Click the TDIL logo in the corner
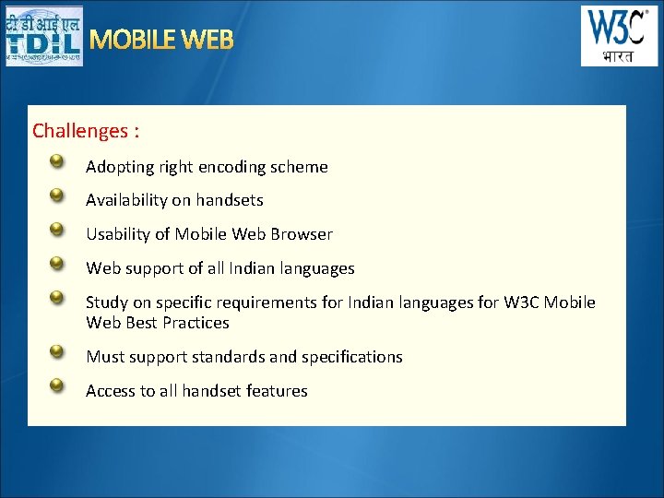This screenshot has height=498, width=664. (x=43, y=36)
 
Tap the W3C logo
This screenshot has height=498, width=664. (x=619, y=36)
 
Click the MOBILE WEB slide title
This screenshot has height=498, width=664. (x=161, y=40)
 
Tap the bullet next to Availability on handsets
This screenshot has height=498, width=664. (x=57, y=195)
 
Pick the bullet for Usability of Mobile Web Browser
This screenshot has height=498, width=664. (x=57, y=229)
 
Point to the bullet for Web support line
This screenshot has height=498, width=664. (x=57, y=263)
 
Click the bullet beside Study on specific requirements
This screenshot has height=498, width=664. (x=57, y=297)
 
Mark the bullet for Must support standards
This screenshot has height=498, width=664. (x=57, y=351)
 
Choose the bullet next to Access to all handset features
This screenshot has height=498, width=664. (x=57, y=385)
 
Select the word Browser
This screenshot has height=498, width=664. (x=302, y=234)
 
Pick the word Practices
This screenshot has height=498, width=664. (x=196, y=323)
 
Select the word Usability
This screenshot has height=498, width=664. (x=118, y=234)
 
